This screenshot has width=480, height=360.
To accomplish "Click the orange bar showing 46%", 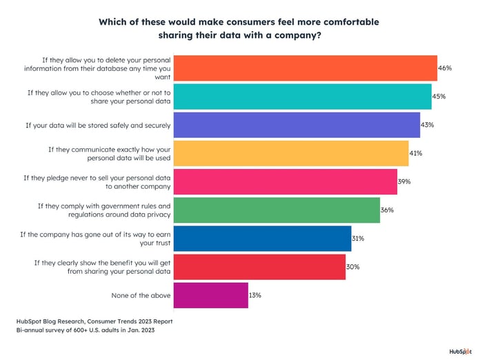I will pyautogui.click(x=305, y=68).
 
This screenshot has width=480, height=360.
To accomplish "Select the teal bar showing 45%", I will pyautogui.click(x=302, y=97).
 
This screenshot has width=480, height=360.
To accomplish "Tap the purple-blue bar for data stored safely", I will pyautogui.click(x=297, y=125).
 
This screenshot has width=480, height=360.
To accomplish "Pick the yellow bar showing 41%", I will pyautogui.click(x=290, y=153).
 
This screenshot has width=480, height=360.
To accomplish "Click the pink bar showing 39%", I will pyautogui.click(x=285, y=181).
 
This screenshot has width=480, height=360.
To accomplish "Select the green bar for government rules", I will pyautogui.click(x=277, y=210).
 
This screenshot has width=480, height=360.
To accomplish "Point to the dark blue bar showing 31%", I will pyautogui.click(x=262, y=238).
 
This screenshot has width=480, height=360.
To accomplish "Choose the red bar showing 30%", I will pyautogui.click(x=259, y=266).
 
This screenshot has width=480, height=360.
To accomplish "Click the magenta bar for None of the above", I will pyautogui.click(x=210, y=294).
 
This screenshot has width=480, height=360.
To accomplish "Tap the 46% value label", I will pyautogui.click(x=445, y=68).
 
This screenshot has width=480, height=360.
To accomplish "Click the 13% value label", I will pyautogui.click(x=255, y=294).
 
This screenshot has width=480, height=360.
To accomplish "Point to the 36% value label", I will pyautogui.click(x=387, y=210).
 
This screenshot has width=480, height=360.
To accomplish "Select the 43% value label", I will pyautogui.click(x=428, y=125).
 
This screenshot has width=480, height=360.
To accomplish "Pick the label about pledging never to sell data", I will pyautogui.click(x=97, y=182).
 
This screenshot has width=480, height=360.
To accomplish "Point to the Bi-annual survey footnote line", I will pyautogui.click(x=86, y=331).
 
